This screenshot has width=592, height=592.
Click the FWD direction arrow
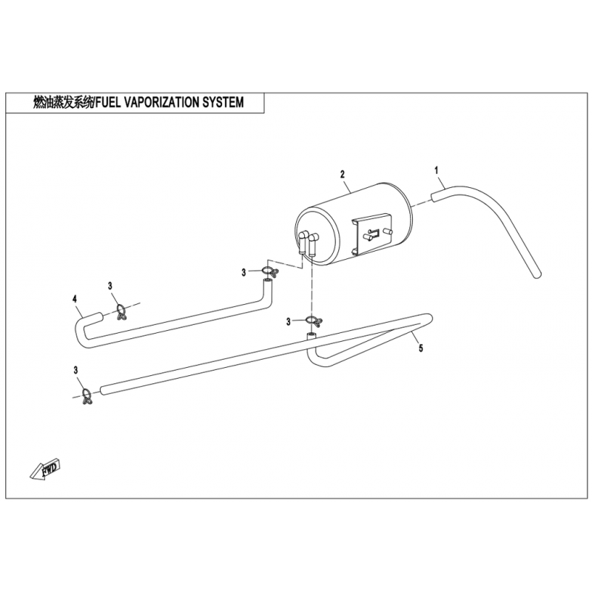click(x=45, y=470)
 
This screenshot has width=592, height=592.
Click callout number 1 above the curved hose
click(x=437, y=170)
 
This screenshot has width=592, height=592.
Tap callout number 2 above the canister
click(x=343, y=175)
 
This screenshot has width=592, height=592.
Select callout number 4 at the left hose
click(x=75, y=299)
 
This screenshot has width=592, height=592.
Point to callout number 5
click(x=421, y=348)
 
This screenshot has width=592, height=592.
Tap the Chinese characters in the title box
click(x=63, y=102)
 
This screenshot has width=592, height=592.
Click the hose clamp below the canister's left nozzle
click(x=269, y=272)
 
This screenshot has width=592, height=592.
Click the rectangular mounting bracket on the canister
click(x=372, y=234)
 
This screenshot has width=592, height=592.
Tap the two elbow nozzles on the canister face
click(x=308, y=244)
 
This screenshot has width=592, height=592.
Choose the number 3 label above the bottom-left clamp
click(x=76, y=370)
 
